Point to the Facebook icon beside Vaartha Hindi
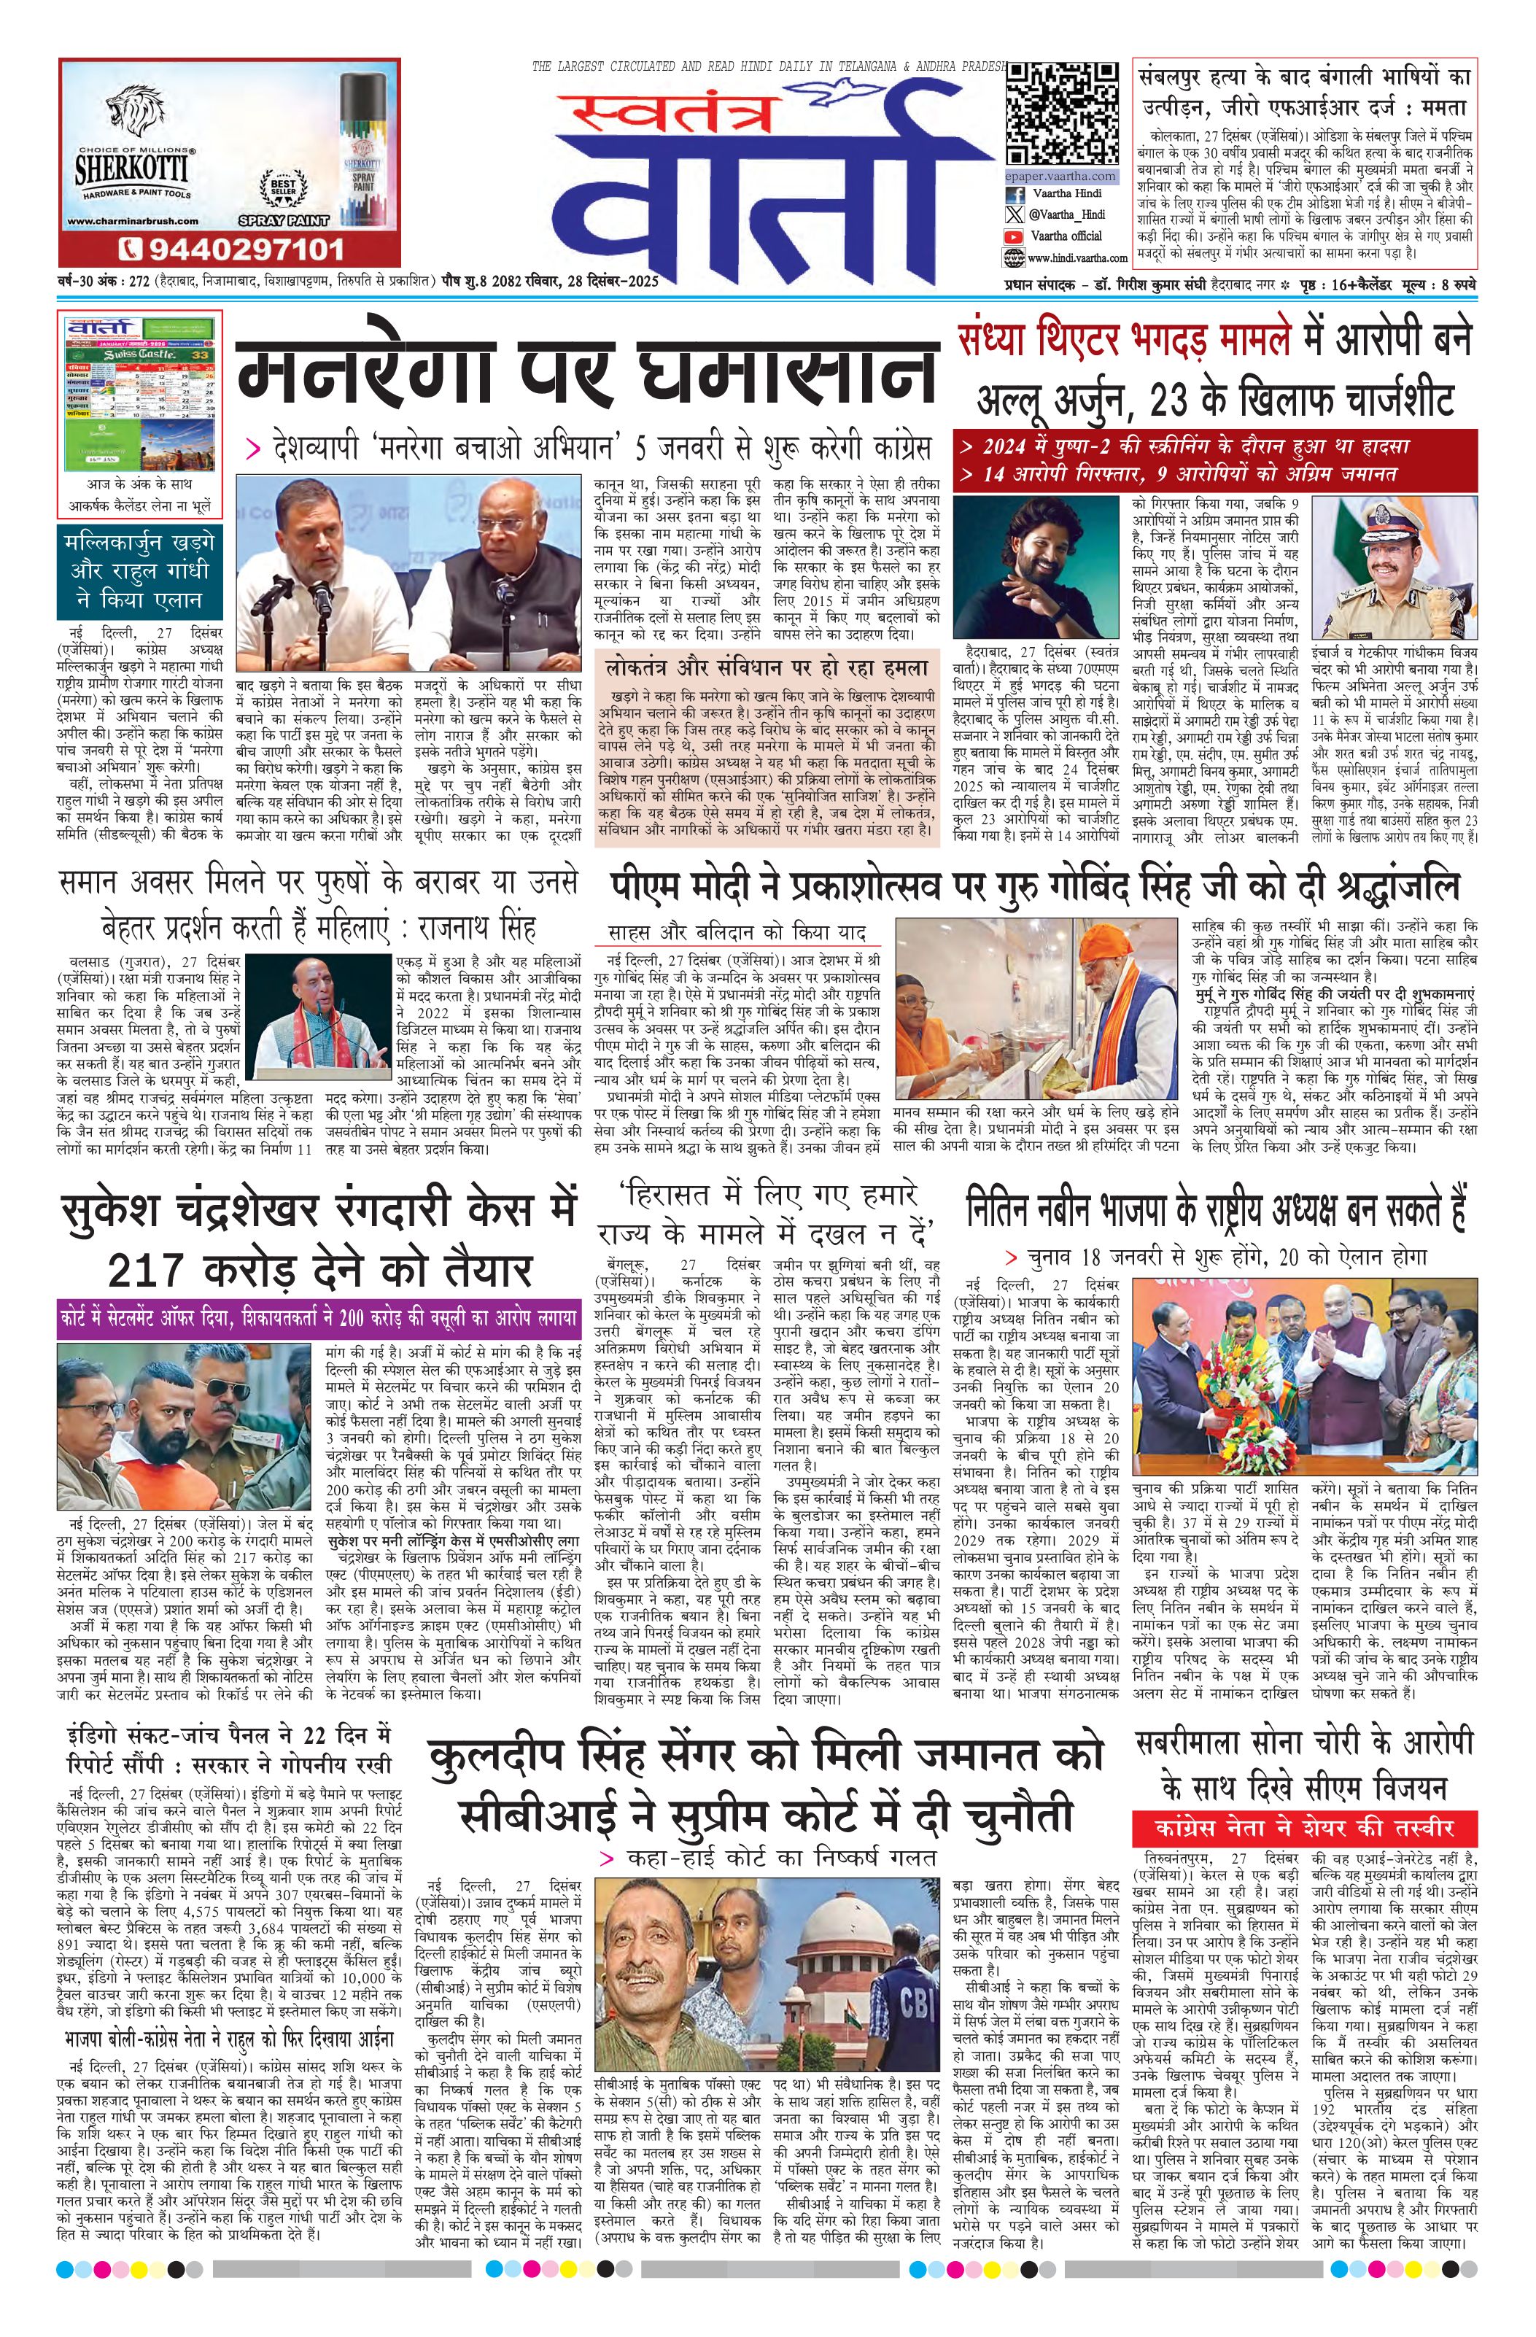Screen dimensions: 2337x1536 [x=1014, y=195]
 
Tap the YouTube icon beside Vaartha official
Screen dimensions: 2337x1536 [x=1014, y=236]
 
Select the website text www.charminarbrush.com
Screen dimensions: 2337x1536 [x=125, y=222]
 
